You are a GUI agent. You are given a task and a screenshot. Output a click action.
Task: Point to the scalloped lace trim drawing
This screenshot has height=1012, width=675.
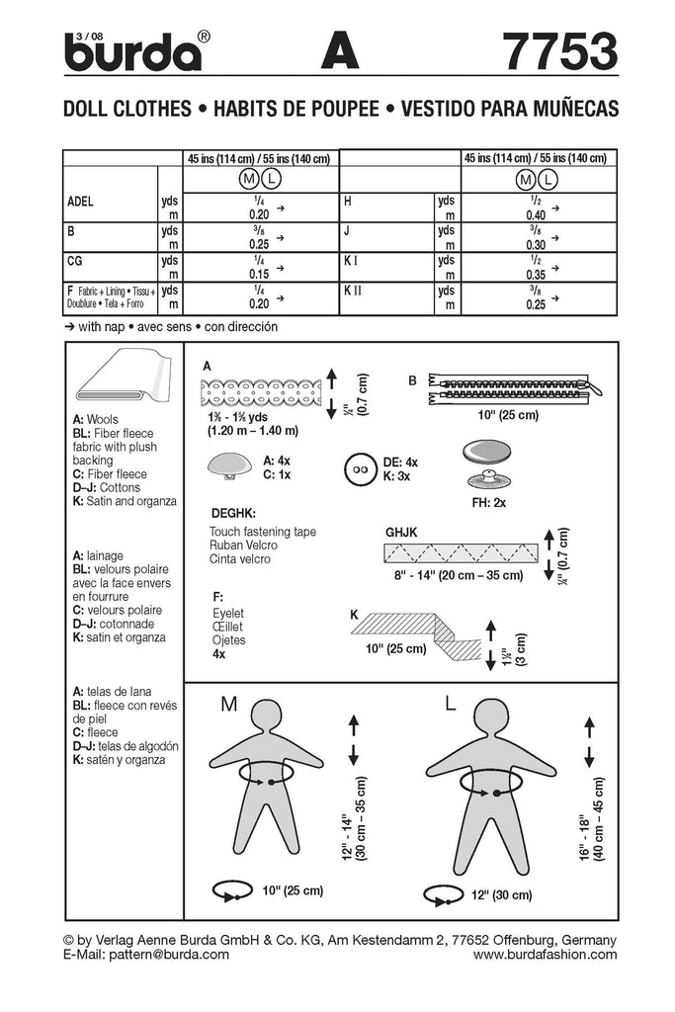click(x=262, y=391)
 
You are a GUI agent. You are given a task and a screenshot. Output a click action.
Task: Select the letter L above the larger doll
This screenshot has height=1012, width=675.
click(x=451, y=704)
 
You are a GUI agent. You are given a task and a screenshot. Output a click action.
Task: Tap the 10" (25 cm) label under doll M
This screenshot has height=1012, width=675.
click(x=291, y=890)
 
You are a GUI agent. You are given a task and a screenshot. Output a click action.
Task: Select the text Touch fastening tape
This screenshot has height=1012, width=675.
click(x=262, y=531)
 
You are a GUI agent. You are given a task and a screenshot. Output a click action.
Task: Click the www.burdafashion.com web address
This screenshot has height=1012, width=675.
click(x=545, y=954)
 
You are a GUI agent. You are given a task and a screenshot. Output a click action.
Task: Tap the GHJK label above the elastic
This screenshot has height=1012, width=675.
click(x=402, y=531)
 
